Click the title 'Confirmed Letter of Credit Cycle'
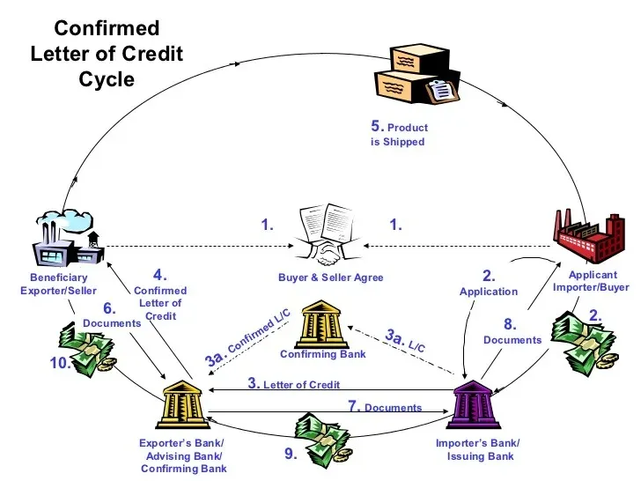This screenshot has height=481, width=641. coord(106,54)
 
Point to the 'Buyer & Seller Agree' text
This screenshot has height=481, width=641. coord(331,277)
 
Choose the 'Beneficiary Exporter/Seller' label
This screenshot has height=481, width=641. coord(58,285)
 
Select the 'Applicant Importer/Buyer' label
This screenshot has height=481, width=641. coord(591,281)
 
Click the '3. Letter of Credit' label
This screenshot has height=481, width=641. coord(293,384)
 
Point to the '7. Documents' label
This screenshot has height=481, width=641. coord(385,407)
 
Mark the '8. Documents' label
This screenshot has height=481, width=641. coord(512,331)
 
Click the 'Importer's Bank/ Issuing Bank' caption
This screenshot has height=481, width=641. coord(477,449)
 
